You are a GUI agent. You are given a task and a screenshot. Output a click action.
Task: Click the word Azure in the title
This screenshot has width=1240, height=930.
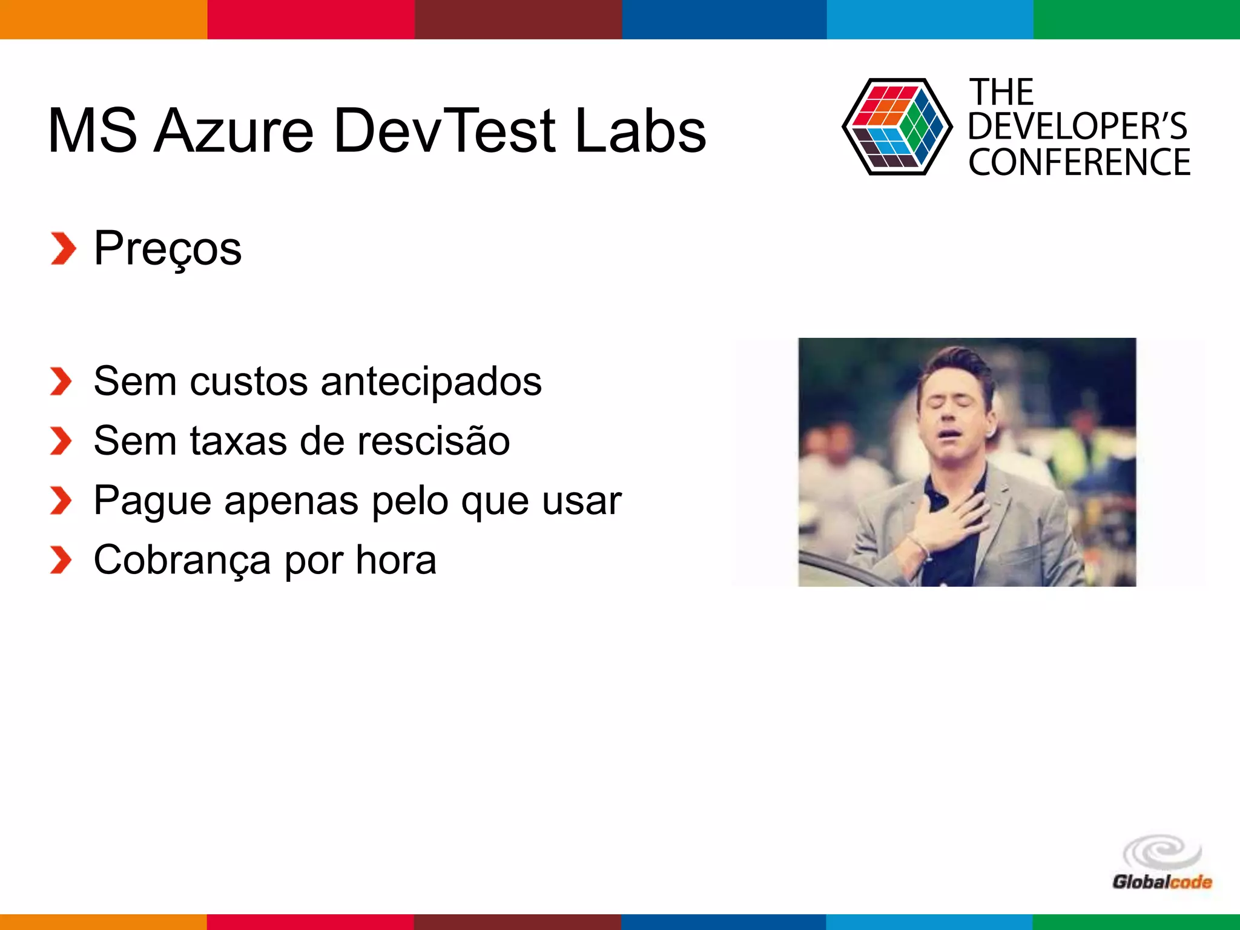tap(234, 131)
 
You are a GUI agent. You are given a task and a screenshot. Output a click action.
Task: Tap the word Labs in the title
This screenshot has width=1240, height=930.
tap(640, 131)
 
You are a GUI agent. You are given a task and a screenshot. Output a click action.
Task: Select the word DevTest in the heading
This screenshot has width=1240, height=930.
tap(444, 131)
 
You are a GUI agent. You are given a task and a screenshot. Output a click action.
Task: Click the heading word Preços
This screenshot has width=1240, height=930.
tap(168, 248)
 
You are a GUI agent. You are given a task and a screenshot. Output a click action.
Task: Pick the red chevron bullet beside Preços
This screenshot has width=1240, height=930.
tap(63, 248)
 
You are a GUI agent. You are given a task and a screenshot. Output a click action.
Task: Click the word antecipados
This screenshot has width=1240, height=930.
tap(431, 382)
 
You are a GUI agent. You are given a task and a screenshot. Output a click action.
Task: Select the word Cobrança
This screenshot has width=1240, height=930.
tap(182, 560)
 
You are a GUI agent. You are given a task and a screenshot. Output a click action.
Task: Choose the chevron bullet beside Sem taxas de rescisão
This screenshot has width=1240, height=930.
tap(61, 441)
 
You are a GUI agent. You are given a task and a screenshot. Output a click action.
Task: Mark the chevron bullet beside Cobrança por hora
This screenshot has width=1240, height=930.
tap(61, 560)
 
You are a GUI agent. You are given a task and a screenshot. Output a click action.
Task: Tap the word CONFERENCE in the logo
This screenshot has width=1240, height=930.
tap(1079, 162)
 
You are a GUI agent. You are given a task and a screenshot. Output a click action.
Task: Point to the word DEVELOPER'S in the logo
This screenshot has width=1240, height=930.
tap(1078, 127)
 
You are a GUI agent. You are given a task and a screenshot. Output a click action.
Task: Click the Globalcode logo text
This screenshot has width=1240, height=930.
tap(1162, 882)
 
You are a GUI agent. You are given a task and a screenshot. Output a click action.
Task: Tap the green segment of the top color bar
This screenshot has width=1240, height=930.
tap(1136, 19)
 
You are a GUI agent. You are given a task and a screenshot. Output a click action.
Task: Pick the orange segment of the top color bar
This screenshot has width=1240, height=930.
tap(104, 19)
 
